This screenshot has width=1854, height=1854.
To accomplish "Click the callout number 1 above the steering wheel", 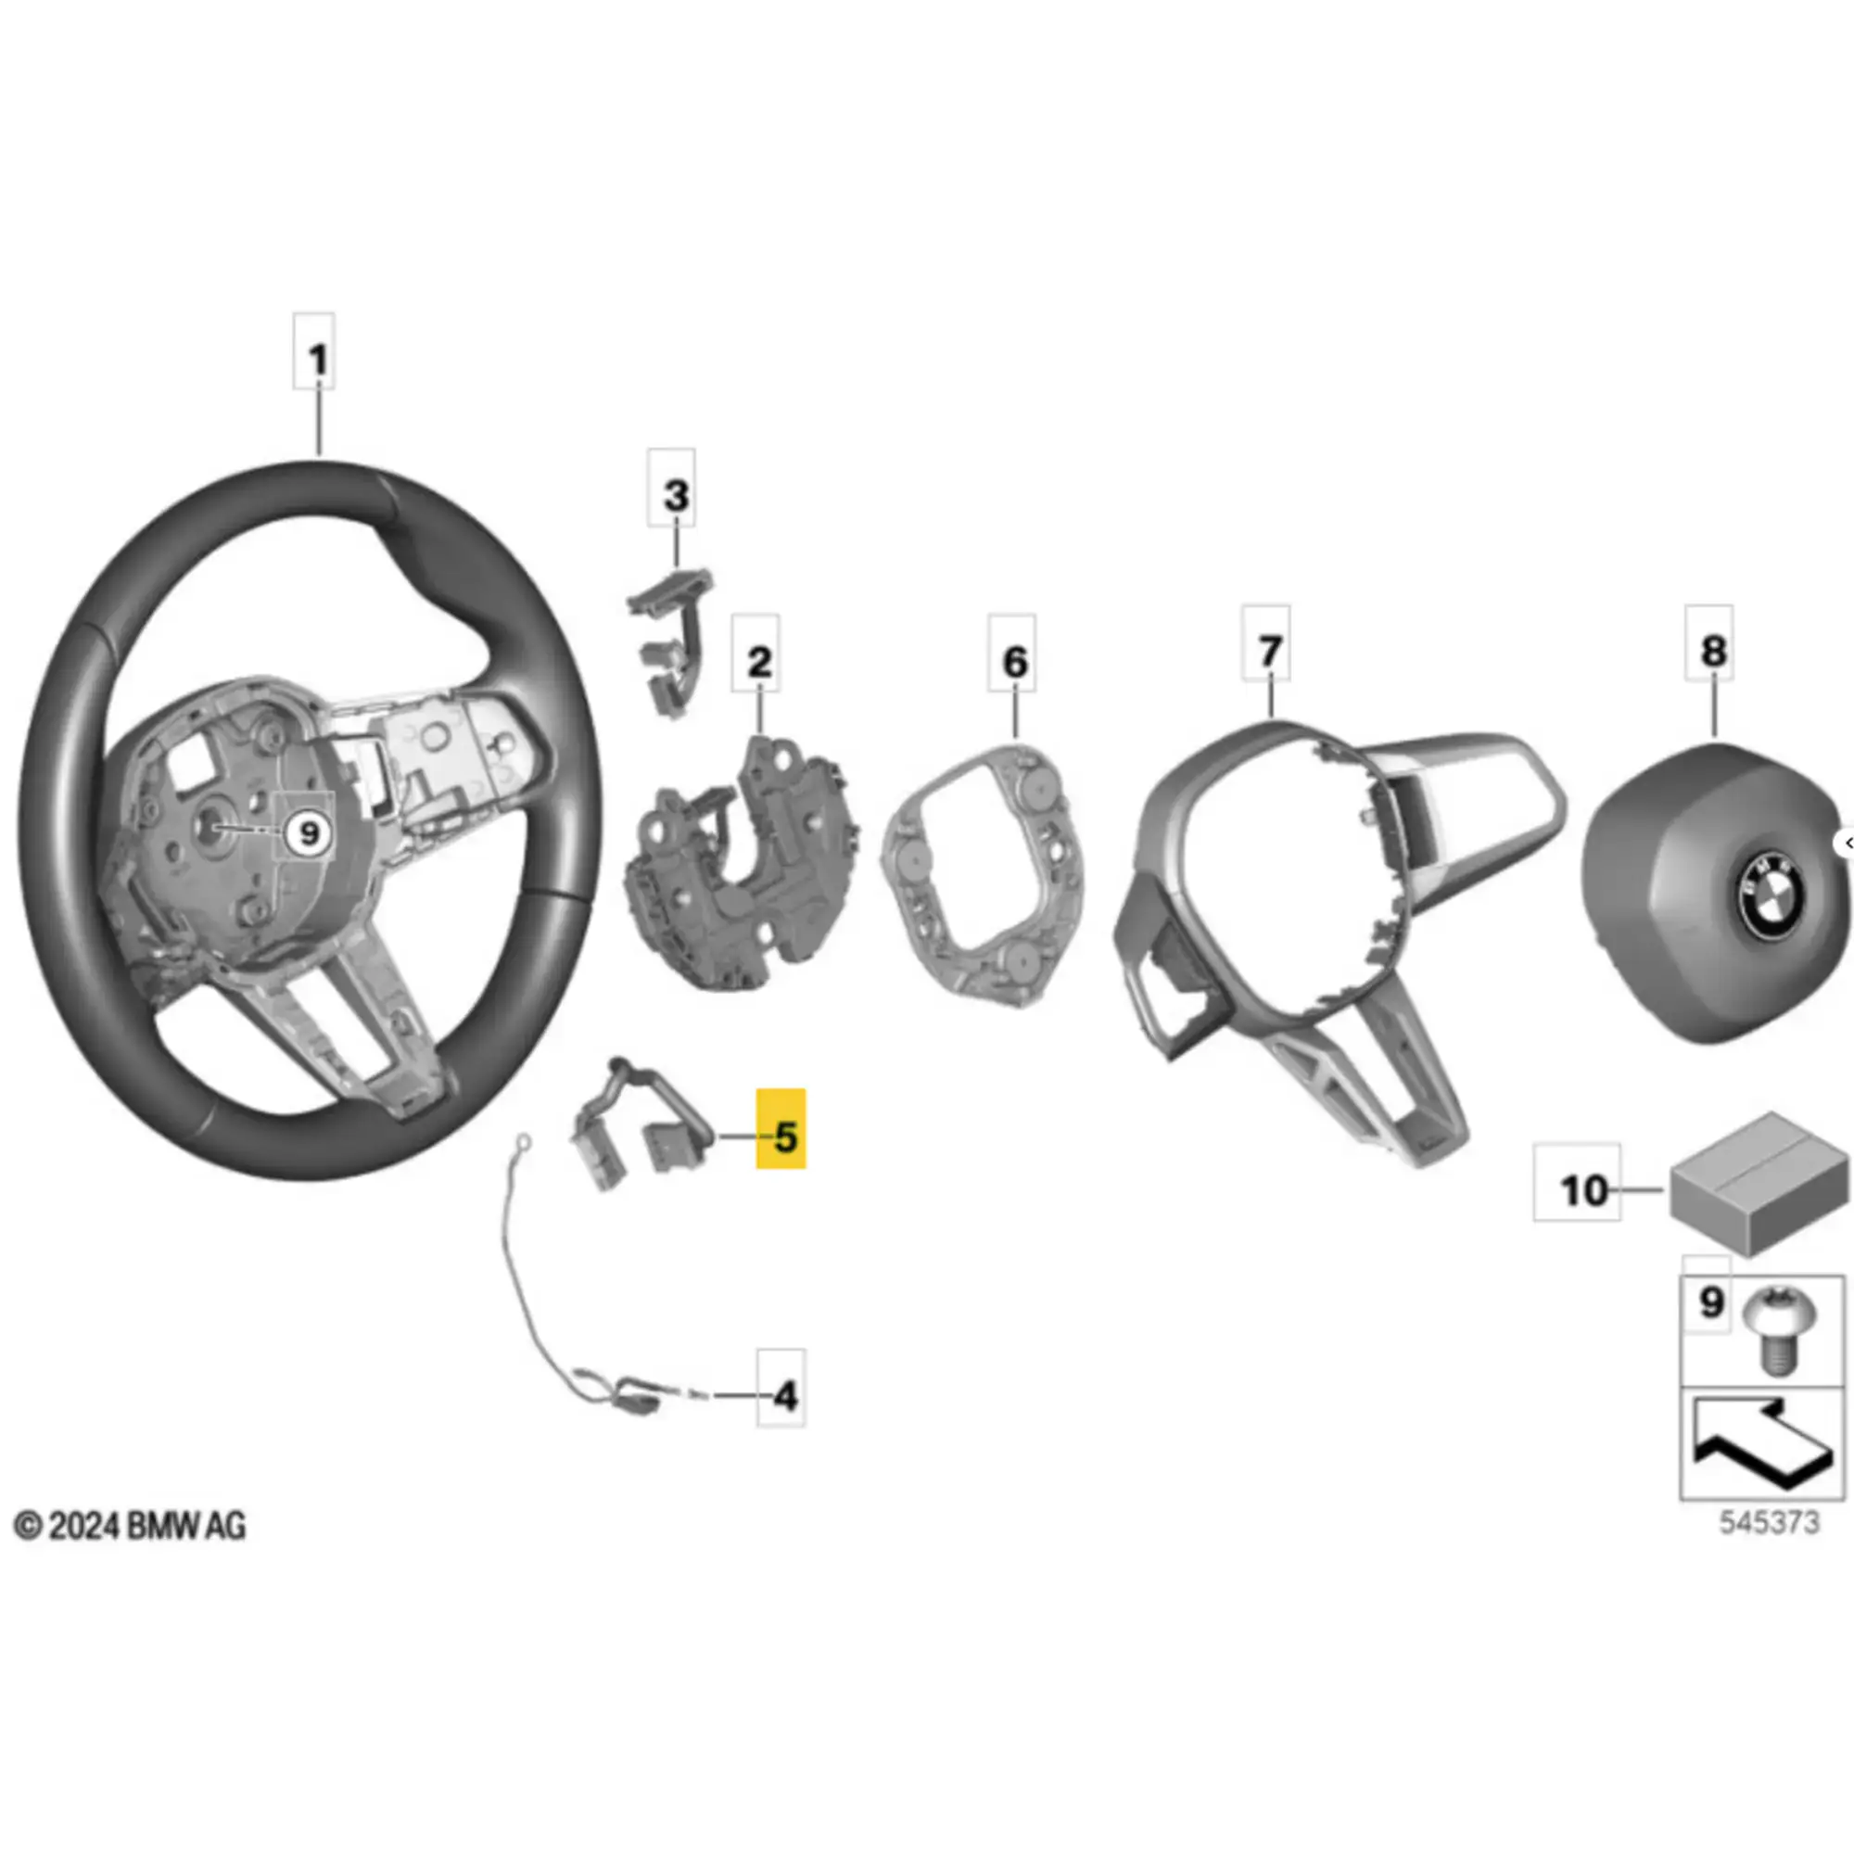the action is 316,360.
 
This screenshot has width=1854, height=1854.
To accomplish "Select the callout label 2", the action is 758,661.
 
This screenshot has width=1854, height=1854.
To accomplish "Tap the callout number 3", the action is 676,495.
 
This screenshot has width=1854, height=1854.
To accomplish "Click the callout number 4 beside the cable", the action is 785,1395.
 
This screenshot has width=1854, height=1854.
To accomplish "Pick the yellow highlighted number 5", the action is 783,1137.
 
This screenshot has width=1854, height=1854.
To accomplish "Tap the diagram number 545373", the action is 1769,1522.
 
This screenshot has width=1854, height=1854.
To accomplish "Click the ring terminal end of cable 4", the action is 523,1142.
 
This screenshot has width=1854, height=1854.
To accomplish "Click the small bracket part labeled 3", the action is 671,639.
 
